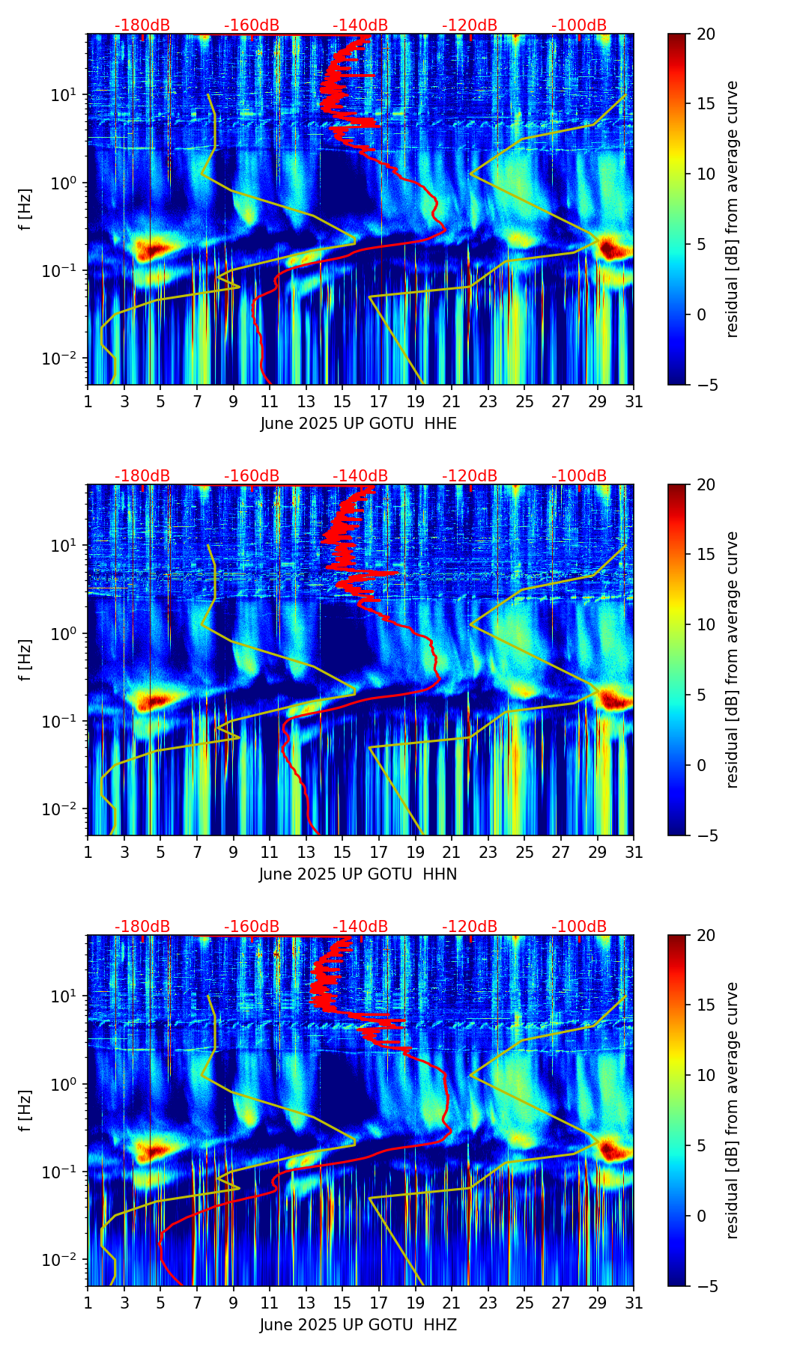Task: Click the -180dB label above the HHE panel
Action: [142, 25]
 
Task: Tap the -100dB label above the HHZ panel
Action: [579, 927]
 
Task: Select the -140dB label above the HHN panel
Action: [360, 476]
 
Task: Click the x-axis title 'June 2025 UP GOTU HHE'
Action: [358, 424]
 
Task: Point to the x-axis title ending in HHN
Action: [358, 874]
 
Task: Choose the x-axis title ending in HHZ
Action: [358, 1325]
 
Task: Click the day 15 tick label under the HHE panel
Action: [342, 402]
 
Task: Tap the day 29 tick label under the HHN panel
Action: [597, 853]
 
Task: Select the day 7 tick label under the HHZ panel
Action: [197, 1303]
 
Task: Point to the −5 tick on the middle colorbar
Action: [701, 835]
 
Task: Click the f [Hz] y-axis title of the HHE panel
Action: [25, 210]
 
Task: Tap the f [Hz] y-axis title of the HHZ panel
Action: [25, 1111]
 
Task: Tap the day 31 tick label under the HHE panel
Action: [633, 402]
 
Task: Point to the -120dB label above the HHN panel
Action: [470, 476]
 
